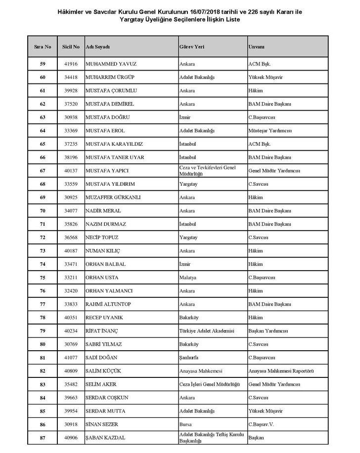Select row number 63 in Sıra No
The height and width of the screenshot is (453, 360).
43,117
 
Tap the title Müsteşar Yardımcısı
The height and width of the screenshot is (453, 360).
270,130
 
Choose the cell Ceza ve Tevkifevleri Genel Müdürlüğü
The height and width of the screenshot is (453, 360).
207,170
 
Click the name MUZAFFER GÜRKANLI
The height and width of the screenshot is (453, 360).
113,197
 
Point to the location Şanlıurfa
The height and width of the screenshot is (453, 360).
190,357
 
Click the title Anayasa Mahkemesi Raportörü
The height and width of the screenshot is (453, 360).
280,371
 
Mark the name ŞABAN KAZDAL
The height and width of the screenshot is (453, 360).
105,437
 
